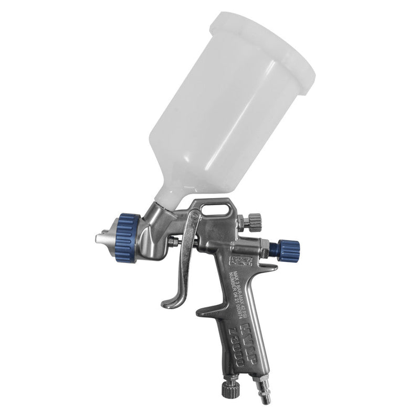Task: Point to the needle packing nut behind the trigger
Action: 173,243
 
